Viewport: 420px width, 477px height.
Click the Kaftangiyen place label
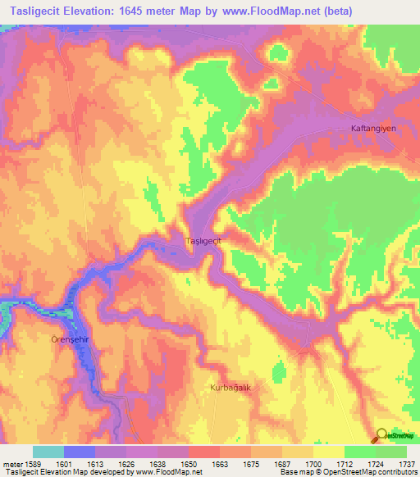pyautogui.click(x=373, y=129)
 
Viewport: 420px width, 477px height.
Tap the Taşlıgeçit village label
pyautogui.click(x=204, y=241)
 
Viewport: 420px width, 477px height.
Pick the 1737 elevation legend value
pyautogui.click(x=408, y=463)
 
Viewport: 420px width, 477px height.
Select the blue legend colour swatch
pyautogui.click(x=80, y=452)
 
